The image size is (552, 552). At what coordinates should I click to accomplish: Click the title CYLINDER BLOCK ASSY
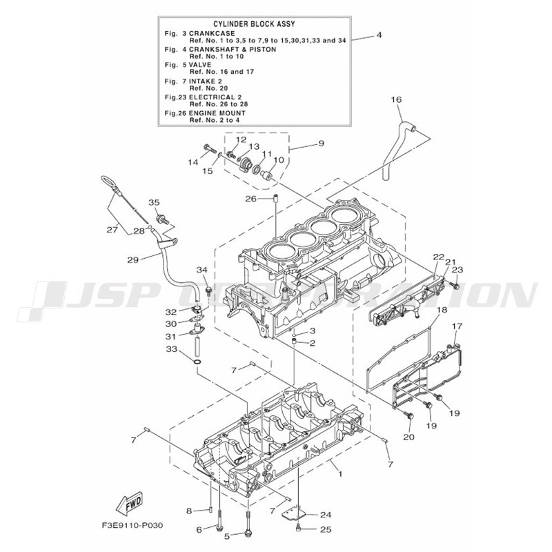point(254,24)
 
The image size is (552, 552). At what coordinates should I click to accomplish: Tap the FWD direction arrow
point(130,502)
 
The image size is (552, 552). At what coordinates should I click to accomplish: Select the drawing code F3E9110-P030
point(132,526)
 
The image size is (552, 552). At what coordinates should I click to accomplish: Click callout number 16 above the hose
point(396,99)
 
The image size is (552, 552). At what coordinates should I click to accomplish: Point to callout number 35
point(154,202)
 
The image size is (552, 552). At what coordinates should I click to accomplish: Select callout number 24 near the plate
point(326,515)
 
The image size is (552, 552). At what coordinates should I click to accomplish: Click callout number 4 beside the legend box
point(379,35)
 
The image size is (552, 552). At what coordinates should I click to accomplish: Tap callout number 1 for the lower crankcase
point(339,473)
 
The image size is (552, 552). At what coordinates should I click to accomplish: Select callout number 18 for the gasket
point(442,310)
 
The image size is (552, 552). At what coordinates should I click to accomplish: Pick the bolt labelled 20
point(409,416)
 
